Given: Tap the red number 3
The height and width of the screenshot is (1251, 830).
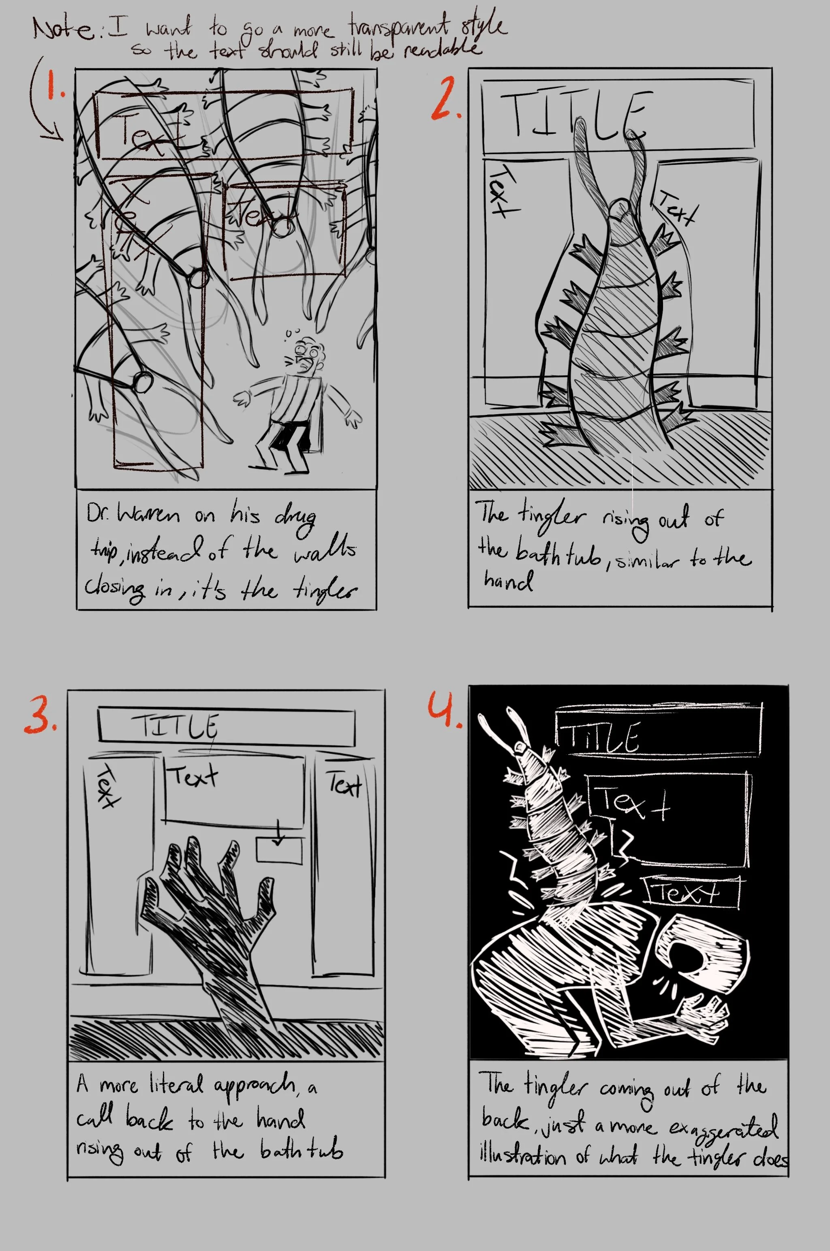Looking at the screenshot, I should pyautogui.click(x=40, y=715).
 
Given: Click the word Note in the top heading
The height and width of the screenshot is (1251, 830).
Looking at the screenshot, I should pyautogui.click(x=62, y=29).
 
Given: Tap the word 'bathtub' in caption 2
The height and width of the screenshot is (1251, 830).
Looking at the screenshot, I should pyautogui.click(x=558, y=554).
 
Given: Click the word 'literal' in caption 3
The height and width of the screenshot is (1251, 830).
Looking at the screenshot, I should pyautogui.click(x=175, y=1084).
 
